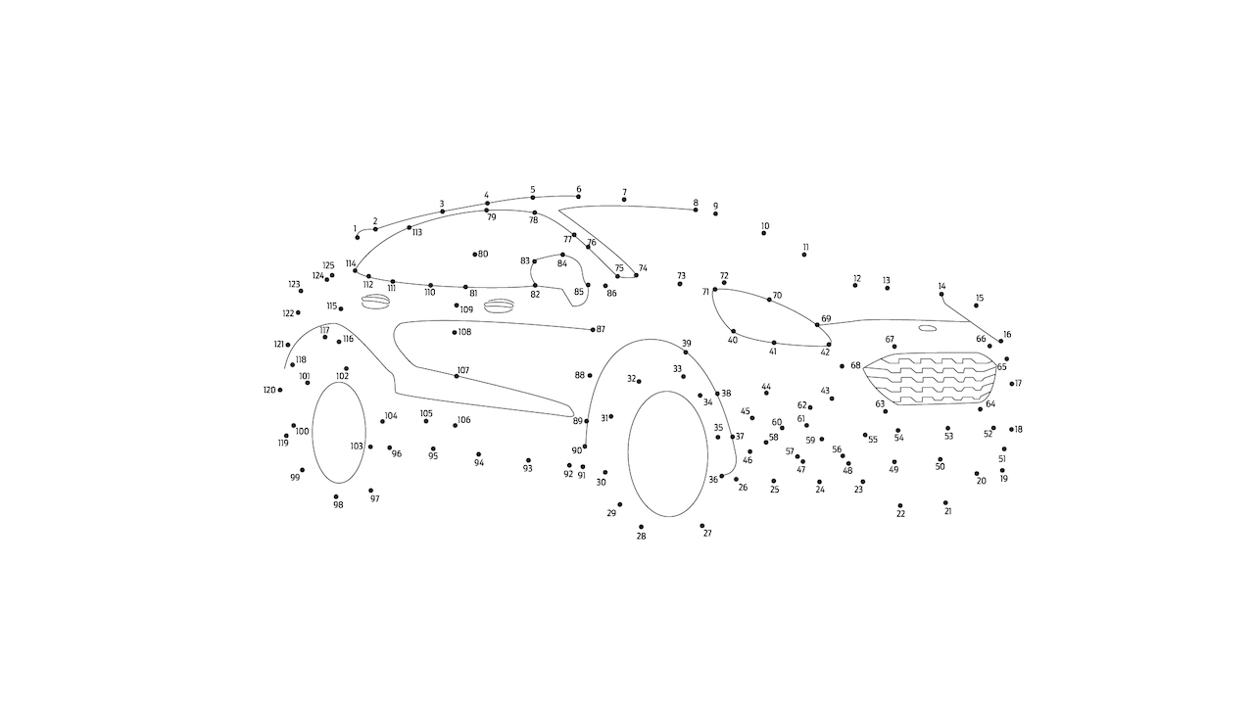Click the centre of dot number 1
358,238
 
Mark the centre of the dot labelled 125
332,275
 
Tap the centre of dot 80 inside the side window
475,255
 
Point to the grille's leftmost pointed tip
863,368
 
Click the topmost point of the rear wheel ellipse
339,382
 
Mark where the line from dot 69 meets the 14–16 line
970,322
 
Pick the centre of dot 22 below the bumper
900,506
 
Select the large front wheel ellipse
667,453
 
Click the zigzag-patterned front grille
930,378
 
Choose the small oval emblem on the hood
928,328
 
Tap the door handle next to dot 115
374,302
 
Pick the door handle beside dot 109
499,305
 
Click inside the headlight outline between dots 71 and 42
771,317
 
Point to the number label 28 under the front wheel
641,536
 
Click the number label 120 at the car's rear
269,390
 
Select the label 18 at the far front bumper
1018,429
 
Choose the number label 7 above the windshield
624,192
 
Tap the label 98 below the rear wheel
338,504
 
